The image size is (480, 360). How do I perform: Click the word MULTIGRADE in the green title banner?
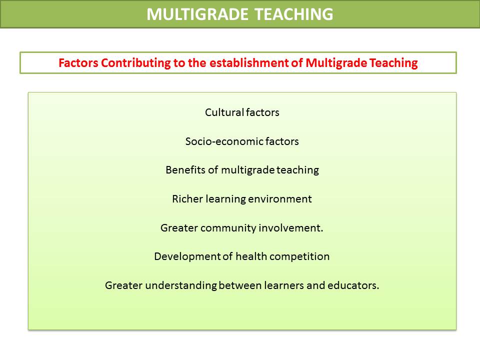(x=197, y=14)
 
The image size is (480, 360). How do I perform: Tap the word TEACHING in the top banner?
(x=294, y=14)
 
